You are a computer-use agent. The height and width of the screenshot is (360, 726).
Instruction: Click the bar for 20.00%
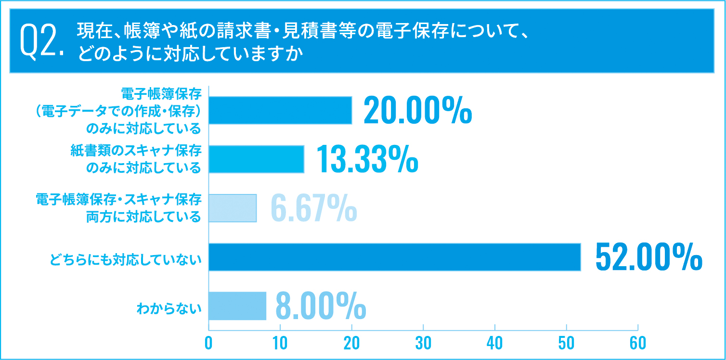(x=280, y=110)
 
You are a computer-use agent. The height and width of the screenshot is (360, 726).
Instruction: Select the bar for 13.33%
(x=257, y=159)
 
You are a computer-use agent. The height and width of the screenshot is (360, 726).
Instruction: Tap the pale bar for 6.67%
(x=233, y=208)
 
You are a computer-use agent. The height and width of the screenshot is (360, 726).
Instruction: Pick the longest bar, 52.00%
(x=395, y=257)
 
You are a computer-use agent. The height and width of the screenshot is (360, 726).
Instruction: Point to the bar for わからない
(x=237, y=306)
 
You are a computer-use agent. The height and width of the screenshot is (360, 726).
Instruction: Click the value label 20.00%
(x=417, y=111)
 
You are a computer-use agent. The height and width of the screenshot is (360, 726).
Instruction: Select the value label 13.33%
(x=367, y=159)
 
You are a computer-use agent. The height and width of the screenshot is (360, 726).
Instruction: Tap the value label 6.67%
(x=313, y=208)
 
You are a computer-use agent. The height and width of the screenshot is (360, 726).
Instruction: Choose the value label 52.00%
(x=648, y=257)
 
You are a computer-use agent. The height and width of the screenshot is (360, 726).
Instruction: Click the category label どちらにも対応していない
(x=125, y=260)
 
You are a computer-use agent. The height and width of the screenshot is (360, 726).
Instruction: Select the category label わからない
(x=169, y=309)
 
